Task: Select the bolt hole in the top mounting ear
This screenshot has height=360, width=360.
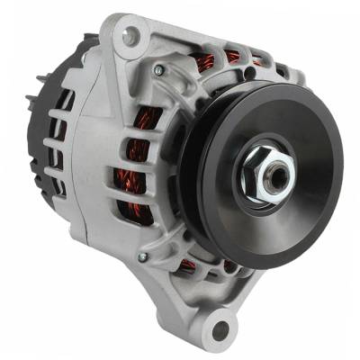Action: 132,36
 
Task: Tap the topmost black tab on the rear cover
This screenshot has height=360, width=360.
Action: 72,45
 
